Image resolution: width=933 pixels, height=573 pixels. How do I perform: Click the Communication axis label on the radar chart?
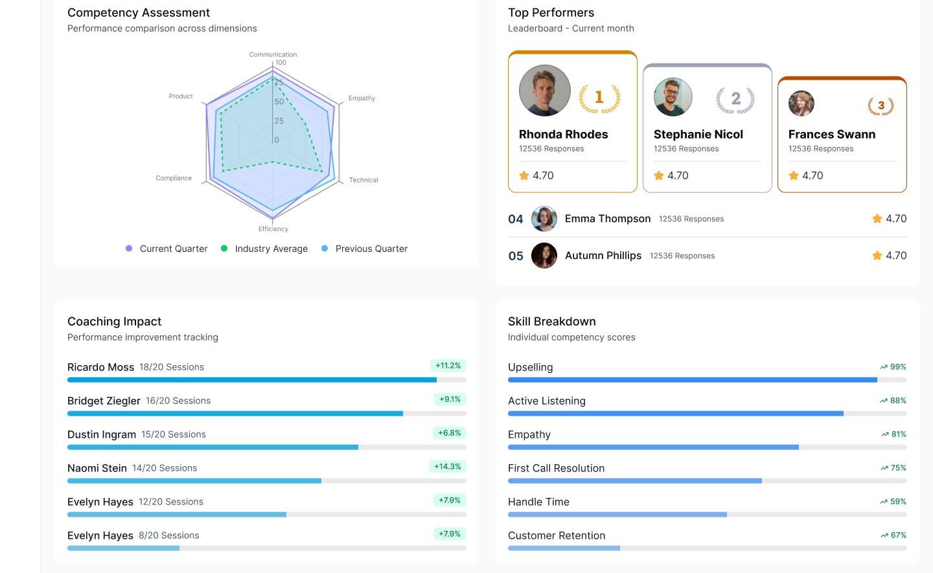click(273, 54)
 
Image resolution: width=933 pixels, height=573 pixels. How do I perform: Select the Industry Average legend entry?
click(271, 249)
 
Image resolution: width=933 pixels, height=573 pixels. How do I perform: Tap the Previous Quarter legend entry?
click(371, 249)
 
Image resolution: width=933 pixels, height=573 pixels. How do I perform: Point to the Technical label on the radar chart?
click(363, 180)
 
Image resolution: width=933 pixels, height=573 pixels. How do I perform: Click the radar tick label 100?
click(281, 63)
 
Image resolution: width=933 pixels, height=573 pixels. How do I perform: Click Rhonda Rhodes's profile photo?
click(545, 91)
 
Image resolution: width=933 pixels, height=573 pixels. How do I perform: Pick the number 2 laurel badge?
click(735, 99)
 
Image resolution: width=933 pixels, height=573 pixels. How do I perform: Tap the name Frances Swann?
click(832, 135)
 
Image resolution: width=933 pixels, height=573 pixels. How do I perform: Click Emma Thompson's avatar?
click(544, 219)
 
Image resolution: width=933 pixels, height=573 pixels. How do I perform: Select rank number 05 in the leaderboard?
click(516, 256)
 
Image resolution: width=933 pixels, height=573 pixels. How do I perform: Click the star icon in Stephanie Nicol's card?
click(659, 175)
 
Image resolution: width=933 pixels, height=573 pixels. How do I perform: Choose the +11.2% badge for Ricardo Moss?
click(448, 366)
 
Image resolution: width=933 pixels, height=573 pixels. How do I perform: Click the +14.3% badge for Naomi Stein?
click(448, 467)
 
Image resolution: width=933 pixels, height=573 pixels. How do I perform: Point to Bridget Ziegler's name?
click(104, 401)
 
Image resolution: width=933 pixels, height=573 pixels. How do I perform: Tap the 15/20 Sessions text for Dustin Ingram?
click(174, 434)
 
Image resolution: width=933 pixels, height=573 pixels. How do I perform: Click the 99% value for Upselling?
click(898, 367)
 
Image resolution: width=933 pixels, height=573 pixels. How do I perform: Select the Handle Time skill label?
click(538, 502)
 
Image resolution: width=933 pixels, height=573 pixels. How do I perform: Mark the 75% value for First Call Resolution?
click(898, 468)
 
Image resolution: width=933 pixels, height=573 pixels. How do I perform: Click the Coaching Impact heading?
click(114, 322)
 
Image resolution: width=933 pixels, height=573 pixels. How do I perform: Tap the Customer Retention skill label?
click(557, 535)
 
